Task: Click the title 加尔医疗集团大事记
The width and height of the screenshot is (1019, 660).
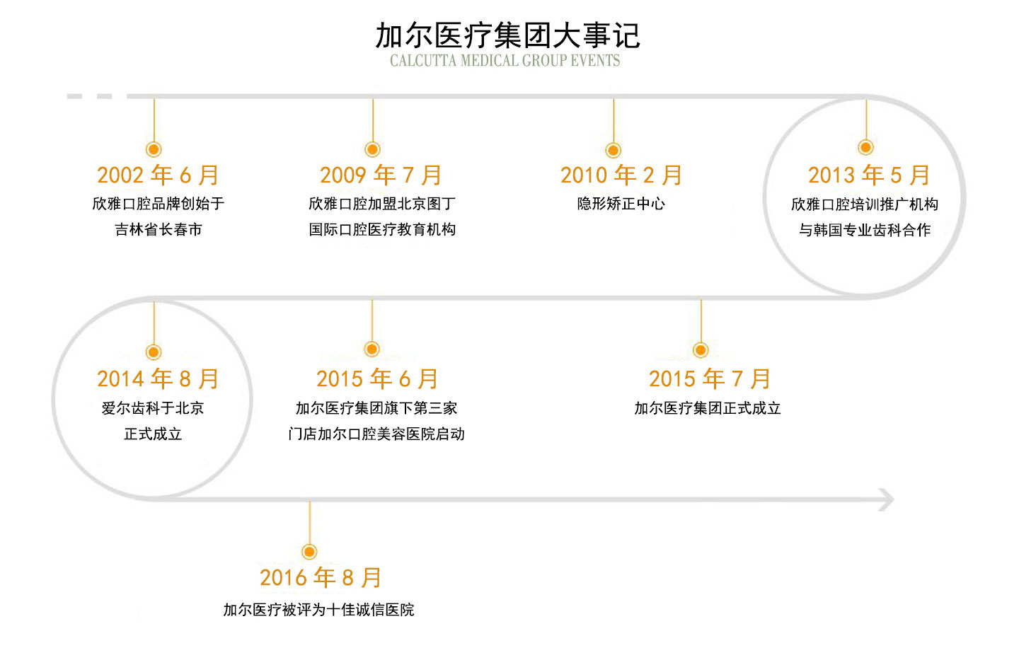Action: coord(507,36)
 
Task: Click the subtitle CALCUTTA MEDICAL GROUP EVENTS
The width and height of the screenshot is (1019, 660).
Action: coord(505,61)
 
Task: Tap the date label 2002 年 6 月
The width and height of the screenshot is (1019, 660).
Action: coord(158,175)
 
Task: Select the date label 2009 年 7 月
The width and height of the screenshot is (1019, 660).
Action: coord(381,175)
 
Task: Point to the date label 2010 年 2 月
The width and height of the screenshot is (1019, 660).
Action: coord(621,175)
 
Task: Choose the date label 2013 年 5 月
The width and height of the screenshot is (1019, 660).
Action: coord(868,175)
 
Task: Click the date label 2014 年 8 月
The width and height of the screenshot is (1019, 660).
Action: coord(158,379)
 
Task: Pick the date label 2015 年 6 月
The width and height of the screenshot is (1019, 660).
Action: coord(377,379)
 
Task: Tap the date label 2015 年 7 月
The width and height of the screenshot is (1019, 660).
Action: coord(709,379)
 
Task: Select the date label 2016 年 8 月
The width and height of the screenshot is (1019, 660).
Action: coord(321,578)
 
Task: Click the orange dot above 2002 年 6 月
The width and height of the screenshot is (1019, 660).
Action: coord(154,149)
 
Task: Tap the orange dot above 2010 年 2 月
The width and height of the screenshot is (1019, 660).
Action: coord(614,150)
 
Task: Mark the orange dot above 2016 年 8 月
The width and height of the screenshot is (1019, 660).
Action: coord(309,552)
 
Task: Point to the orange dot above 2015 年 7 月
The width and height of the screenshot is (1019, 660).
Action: coord(701,350)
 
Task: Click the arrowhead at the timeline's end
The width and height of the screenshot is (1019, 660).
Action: coord(891,500)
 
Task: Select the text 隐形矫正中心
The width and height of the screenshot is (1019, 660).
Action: coord(621,203)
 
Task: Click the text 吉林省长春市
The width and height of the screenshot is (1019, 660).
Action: coord(159,229)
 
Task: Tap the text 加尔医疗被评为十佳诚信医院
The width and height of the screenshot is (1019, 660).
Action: coord(318,610)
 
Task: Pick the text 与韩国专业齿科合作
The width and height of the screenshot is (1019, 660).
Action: coord(865,230)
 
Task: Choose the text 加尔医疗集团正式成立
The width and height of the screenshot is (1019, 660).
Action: coord(708,408)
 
